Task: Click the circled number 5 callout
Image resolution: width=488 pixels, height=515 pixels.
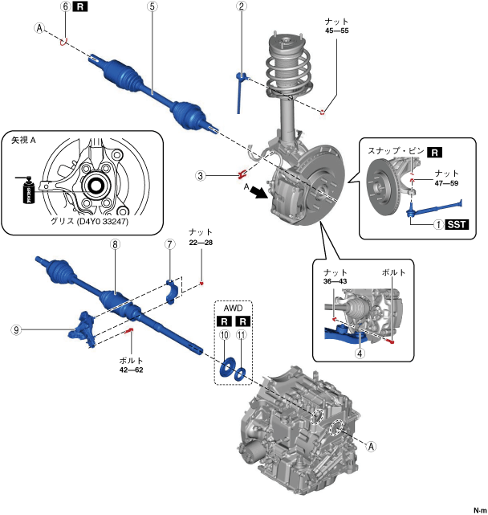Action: pos(152,6)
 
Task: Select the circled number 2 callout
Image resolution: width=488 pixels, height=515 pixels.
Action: pos(241,6)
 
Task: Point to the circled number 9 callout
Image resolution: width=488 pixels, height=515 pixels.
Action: pos(17,329)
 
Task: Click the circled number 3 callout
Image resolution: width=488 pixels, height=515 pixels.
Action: pos(201,174)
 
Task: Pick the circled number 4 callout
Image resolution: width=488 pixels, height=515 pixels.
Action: pos(361,352)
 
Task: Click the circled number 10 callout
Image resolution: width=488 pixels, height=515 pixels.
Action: pos(225,334)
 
